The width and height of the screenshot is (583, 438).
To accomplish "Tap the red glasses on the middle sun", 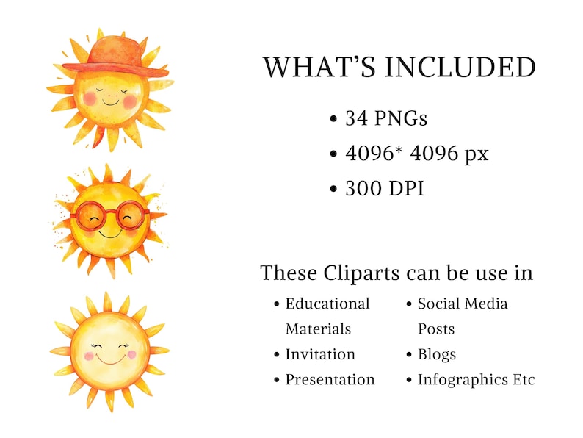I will tap(110, 215).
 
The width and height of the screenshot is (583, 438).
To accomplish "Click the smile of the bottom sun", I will tap(110, 360).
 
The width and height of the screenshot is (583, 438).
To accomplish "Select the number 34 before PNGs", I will tap(357, 118).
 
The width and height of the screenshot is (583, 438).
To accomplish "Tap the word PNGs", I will tap(401, 118).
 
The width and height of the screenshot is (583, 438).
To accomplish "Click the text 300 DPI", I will tap(384, 188).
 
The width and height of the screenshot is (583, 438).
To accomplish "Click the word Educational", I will tap(327, 304).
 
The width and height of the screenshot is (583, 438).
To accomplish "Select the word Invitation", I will tap(320, 354).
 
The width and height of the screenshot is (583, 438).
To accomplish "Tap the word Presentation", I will tap(330, 380).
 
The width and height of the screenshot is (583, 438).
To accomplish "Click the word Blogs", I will tap(437, 354).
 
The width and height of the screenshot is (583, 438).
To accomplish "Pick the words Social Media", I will tap(463, 304).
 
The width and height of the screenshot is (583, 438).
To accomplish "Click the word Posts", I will tap(436, 329).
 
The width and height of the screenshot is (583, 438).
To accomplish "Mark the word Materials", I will tap(318, 329).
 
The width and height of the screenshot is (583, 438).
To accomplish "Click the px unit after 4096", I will tap(477, 154).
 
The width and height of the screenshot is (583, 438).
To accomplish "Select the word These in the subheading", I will tap(289, 273).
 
